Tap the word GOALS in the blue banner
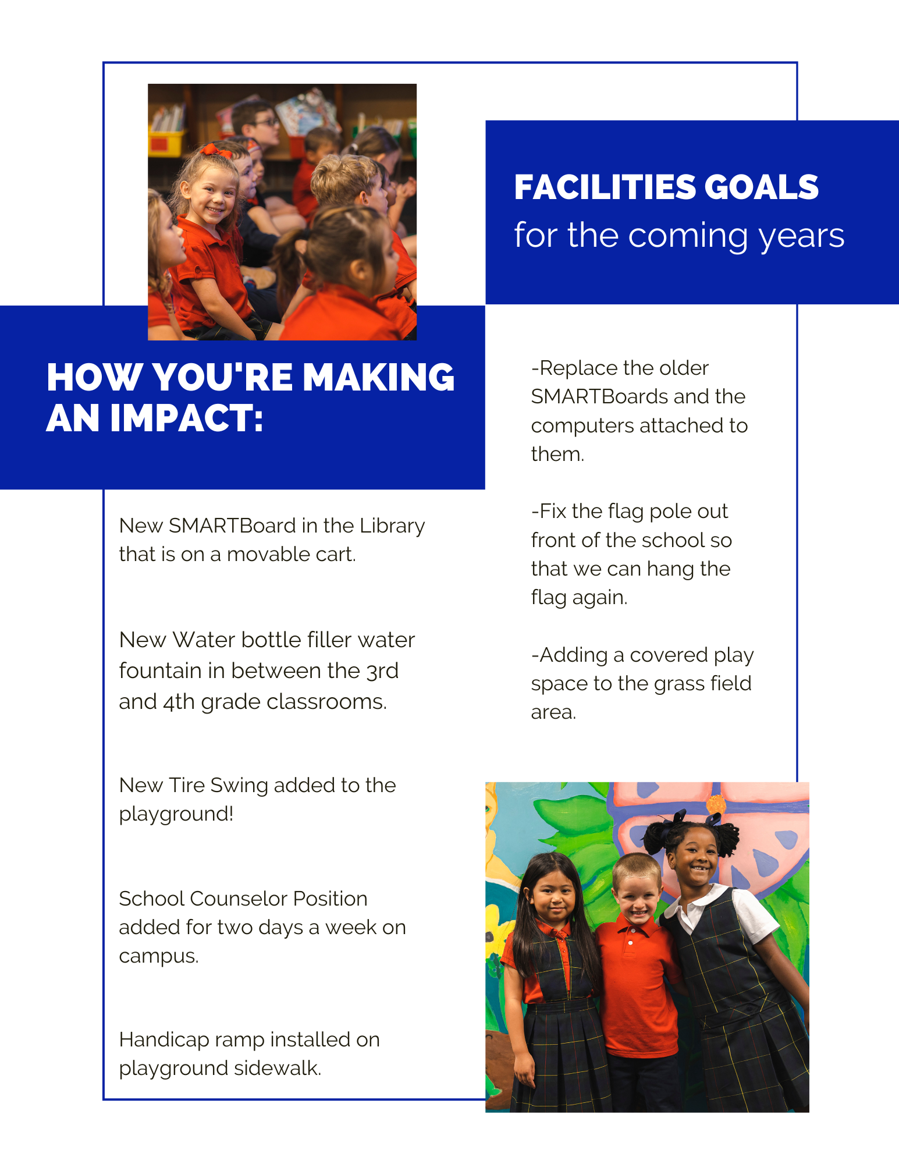point(761,187)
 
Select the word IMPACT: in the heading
point(187,418)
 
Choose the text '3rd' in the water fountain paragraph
point(382,671)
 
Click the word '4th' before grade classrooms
point(179,702)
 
